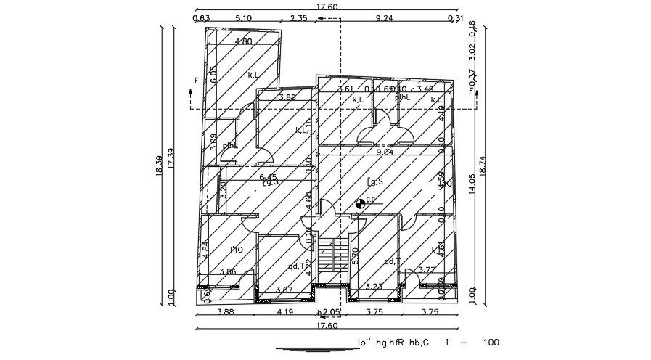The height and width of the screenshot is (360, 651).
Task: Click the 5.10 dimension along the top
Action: pyautogui.click(x=244, y=18)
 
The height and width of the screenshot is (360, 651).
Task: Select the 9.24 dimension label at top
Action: pyautogui.click(x=384, y=18)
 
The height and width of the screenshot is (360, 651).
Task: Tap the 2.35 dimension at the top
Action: pyautogui.click(x=298, y=18)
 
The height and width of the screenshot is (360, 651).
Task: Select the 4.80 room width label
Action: pyautogui.click(x=243, y=41)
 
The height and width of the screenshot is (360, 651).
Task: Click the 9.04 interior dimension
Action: pyautogui.click(x=385, y=152)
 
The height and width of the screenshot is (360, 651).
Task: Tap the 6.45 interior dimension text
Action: pyautogui.click(x=268, y=176)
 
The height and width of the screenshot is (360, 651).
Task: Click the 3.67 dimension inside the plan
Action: pyautogui.click(x=284, y=290)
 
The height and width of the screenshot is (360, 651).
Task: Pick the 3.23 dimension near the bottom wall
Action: pyautogui.click(x=374, y=287)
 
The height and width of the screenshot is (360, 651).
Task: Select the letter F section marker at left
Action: pyautogui.click(x=195, y=81)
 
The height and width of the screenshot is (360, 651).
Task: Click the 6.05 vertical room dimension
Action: pyautogui.click(x=213, y=74)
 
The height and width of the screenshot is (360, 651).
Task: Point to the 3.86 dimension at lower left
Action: pyautogui.click(x=228, y=271)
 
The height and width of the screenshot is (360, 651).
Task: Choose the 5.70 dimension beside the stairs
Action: pyautogui.click(x=355, y=256)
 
